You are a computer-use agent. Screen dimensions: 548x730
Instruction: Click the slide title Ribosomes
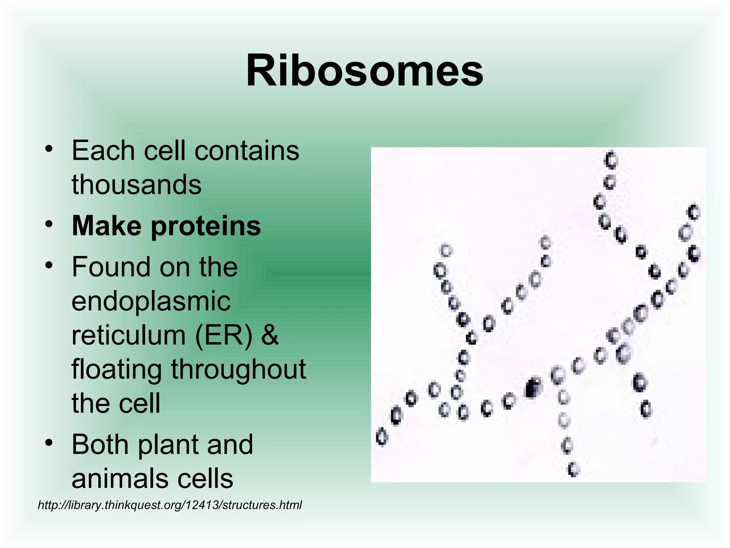[364, 70]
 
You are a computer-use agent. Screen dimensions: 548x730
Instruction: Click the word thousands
[137, 185]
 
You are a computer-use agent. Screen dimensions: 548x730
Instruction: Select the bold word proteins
[206, 226]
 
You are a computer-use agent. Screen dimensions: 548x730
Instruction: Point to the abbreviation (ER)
[223, 335]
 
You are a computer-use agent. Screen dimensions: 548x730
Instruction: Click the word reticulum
[129, 335]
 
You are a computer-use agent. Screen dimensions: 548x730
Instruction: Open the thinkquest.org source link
[170, 505]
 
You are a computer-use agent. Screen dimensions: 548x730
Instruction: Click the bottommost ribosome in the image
[574, 469]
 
